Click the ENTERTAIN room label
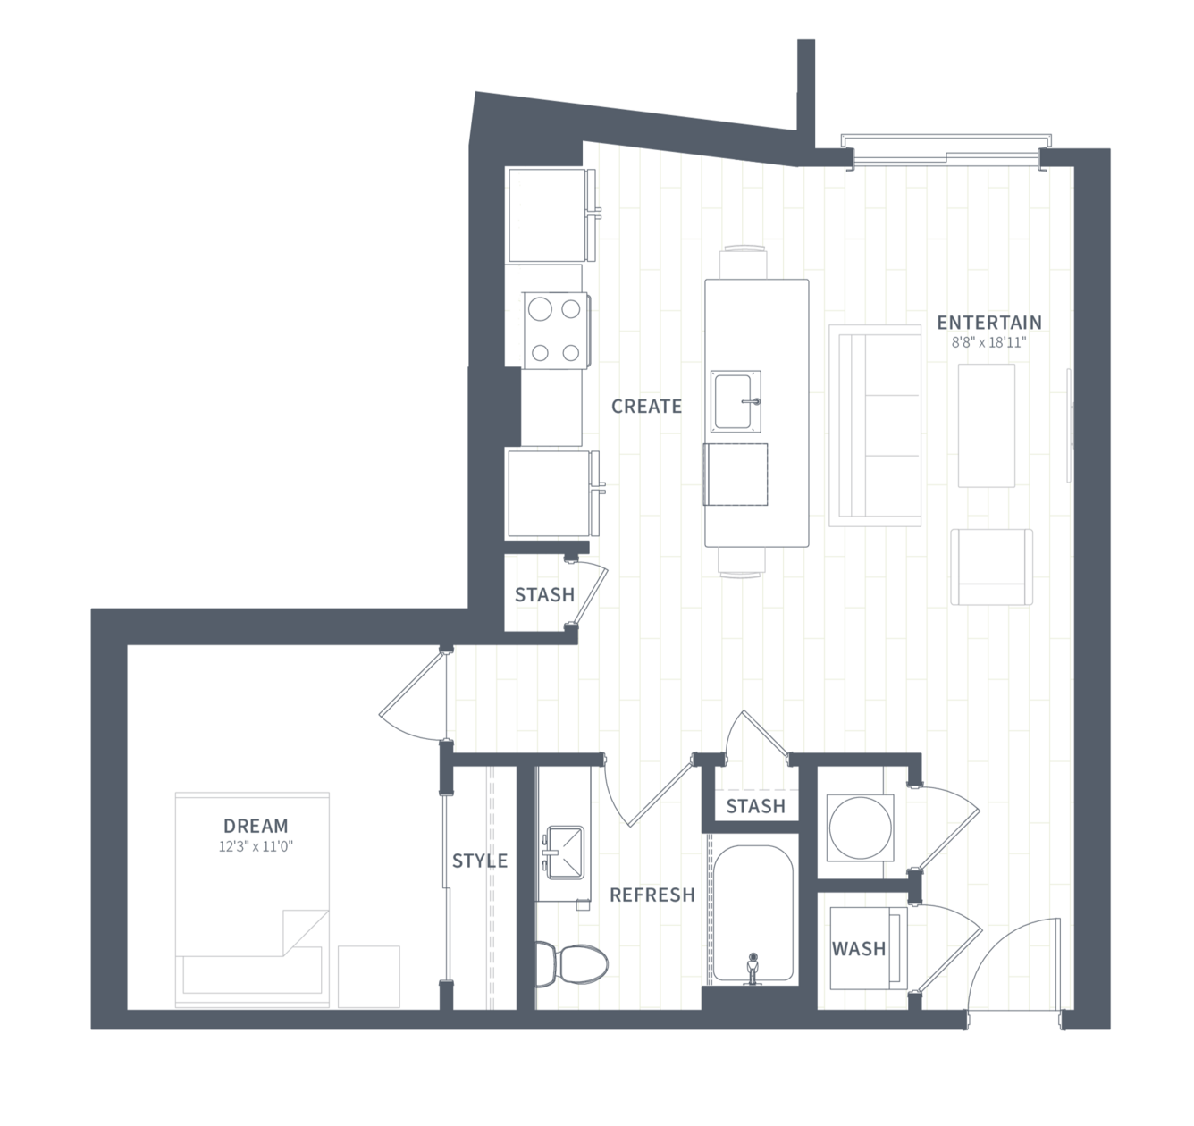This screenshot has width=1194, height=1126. pos(989,323)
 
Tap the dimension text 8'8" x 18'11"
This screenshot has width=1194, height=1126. pos(988,343)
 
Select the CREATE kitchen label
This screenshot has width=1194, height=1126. pos(646,407)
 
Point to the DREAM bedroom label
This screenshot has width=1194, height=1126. pos(256,826)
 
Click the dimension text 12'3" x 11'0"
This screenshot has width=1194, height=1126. pos(256,847)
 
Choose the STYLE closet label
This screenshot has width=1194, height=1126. pos(480,861)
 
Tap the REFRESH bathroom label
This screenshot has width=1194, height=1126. pos(652,895)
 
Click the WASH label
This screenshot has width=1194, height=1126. pos(859,949)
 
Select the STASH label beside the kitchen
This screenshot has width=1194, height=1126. pos(544,595)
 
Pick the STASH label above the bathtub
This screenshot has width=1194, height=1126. pos(756,806)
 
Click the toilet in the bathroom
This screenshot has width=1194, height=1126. pos(571,964)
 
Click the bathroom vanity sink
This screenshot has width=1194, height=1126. pos(563,853)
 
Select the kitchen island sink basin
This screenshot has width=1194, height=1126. pos(736,401)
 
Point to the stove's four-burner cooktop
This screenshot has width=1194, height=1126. pos(556,331)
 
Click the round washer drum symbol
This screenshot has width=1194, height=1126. pos(861,828)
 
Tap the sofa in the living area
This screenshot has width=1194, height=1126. pos(875,425)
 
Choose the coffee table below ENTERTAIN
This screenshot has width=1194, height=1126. pos(986,425)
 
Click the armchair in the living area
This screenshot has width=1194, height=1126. pos(991,567)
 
